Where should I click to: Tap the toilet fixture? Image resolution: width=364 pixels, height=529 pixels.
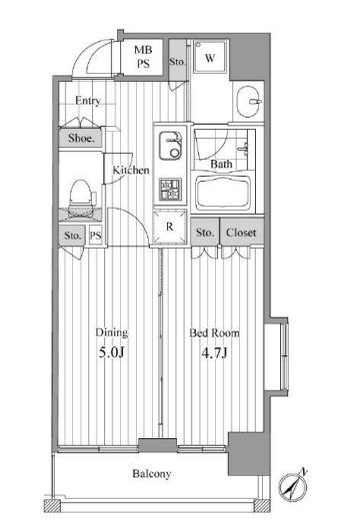tap(81, 195)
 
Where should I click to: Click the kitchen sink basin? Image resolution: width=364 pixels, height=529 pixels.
tap(168, 142)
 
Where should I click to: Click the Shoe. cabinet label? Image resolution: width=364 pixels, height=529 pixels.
tap(81, 140)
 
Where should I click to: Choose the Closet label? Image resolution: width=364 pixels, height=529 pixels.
tap(240, 234)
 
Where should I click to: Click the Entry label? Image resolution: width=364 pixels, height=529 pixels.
tap(87, 102)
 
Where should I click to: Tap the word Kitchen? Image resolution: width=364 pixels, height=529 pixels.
tap(130, 171)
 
